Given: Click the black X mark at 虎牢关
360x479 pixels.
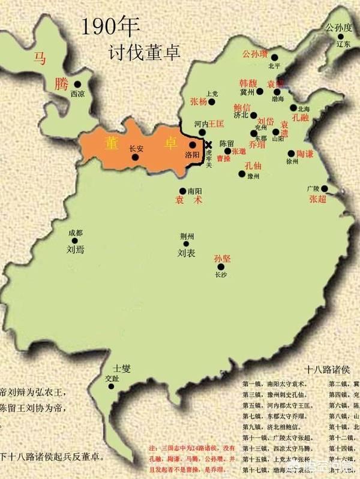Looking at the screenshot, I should [x=208, y=144].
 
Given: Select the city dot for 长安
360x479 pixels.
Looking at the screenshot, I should [x=136, y=157].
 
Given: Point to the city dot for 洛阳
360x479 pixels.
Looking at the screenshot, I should [x=192, y=144].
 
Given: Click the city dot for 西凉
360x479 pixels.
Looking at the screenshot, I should [x=77, y=85].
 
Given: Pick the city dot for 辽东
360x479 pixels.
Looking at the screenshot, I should [x=340, y=37].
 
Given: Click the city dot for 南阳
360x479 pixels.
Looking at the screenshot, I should [x=182, y=191].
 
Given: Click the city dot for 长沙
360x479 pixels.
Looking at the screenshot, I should [x=222, y=267].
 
